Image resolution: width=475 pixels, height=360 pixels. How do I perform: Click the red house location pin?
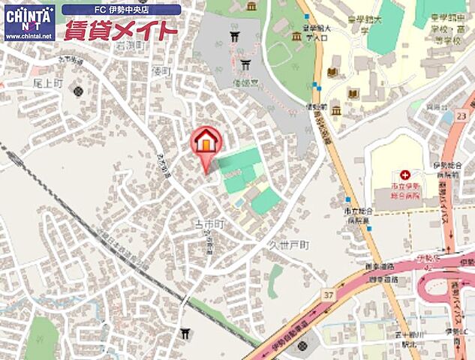205,141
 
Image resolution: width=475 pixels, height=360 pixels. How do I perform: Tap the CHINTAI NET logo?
29,21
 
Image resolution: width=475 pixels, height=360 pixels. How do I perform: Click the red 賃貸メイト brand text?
121,31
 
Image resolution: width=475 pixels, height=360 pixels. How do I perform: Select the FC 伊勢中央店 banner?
121,10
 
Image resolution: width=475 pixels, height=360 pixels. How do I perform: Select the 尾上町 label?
47,77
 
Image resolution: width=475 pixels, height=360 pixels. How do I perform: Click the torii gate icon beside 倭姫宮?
245,63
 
